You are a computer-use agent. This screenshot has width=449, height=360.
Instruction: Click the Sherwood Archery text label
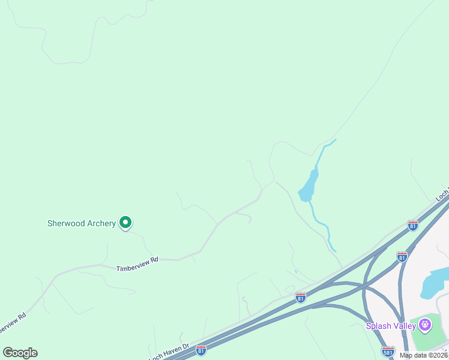[81, 223]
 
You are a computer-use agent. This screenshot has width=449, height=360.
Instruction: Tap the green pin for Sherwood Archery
[125, 223]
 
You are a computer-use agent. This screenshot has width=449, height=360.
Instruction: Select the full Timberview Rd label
[137, 260]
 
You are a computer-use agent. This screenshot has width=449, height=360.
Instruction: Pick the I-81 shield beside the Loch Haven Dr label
[201, 349]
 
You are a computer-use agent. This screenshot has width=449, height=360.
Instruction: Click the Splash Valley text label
[391, 326]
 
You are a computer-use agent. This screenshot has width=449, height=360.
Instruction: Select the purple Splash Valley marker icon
[426, 325]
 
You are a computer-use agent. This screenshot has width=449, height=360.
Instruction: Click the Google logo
[20, 353]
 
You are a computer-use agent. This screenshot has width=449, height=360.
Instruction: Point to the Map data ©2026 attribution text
[424, 355]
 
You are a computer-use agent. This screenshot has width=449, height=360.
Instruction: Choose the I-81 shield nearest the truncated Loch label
[413, 225]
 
